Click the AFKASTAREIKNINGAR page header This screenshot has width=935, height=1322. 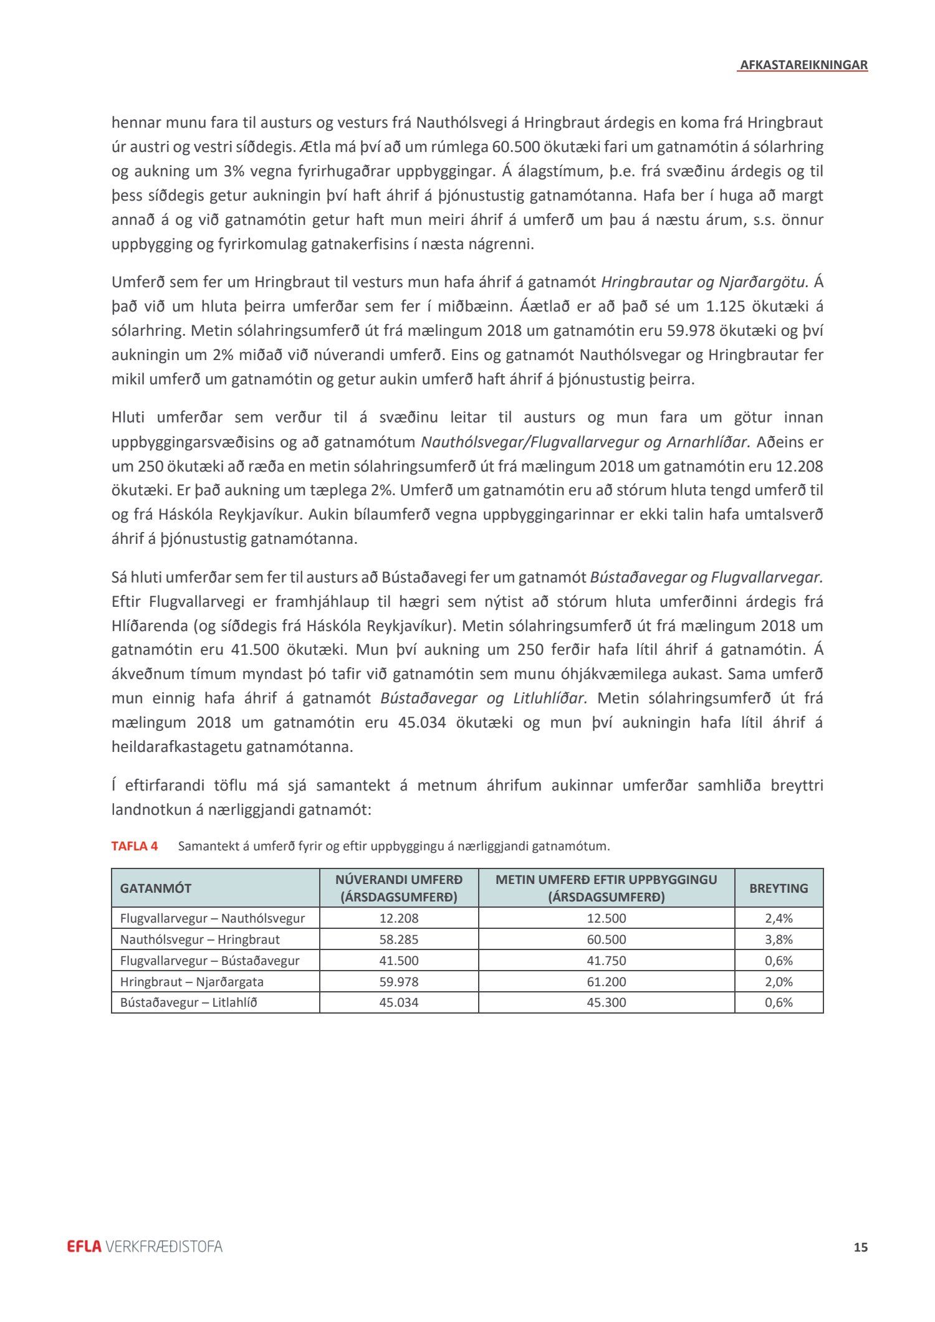pos(803,65)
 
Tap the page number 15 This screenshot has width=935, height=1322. pos(860,1247)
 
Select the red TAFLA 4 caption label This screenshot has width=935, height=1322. pos(135,846)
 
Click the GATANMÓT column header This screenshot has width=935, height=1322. pos(156,888)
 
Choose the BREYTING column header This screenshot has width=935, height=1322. pos(779,888)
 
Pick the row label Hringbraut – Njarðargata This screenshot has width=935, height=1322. pos(192,982)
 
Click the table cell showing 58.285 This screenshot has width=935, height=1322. pos(399,939)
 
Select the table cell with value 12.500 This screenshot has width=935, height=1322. pos(607,918)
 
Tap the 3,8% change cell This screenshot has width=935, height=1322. pos(779,939)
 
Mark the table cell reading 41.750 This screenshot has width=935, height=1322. pos(607,961)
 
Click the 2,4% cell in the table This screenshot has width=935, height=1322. pos(779,918)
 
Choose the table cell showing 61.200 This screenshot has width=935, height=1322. pos(607,982)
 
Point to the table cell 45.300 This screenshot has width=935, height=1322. pos(607,1002)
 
